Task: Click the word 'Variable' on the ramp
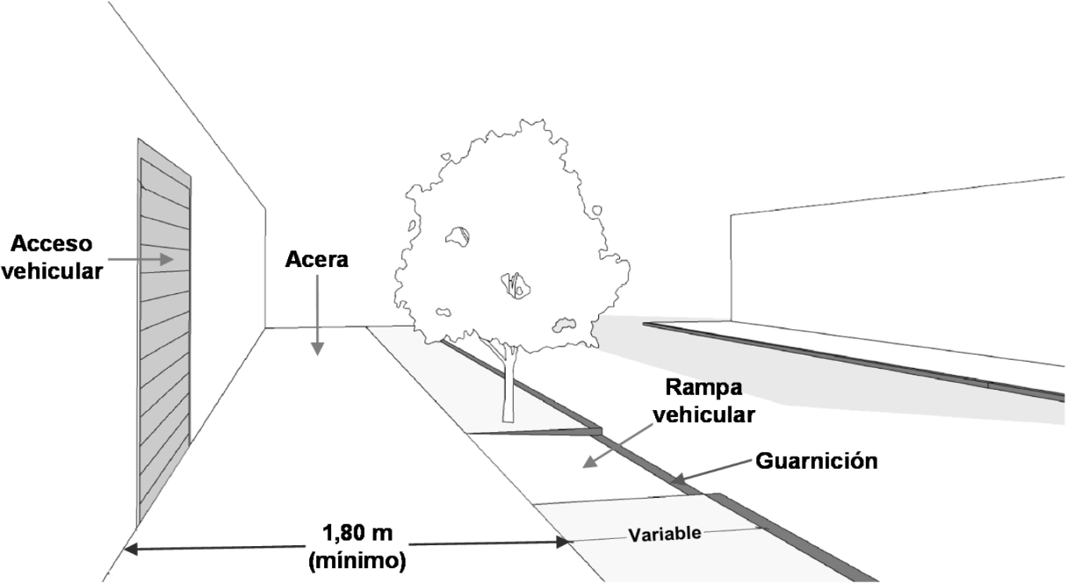pos(663,534)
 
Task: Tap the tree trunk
pos(507,386)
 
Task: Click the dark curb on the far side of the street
pos(861,360)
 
